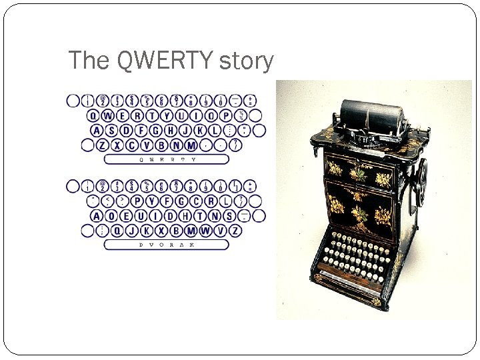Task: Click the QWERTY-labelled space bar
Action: click(167, 159)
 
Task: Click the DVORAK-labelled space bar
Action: click(167, 245)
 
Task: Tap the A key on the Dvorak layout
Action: click(98, 215)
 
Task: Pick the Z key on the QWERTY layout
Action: click(103, 145)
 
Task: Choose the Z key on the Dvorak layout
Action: click(237, 230)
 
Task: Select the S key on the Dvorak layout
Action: click(229, 215)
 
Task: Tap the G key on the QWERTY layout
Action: click(157, 130)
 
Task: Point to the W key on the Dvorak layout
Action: click(207, 230)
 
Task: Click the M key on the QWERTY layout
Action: click(192, 145)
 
